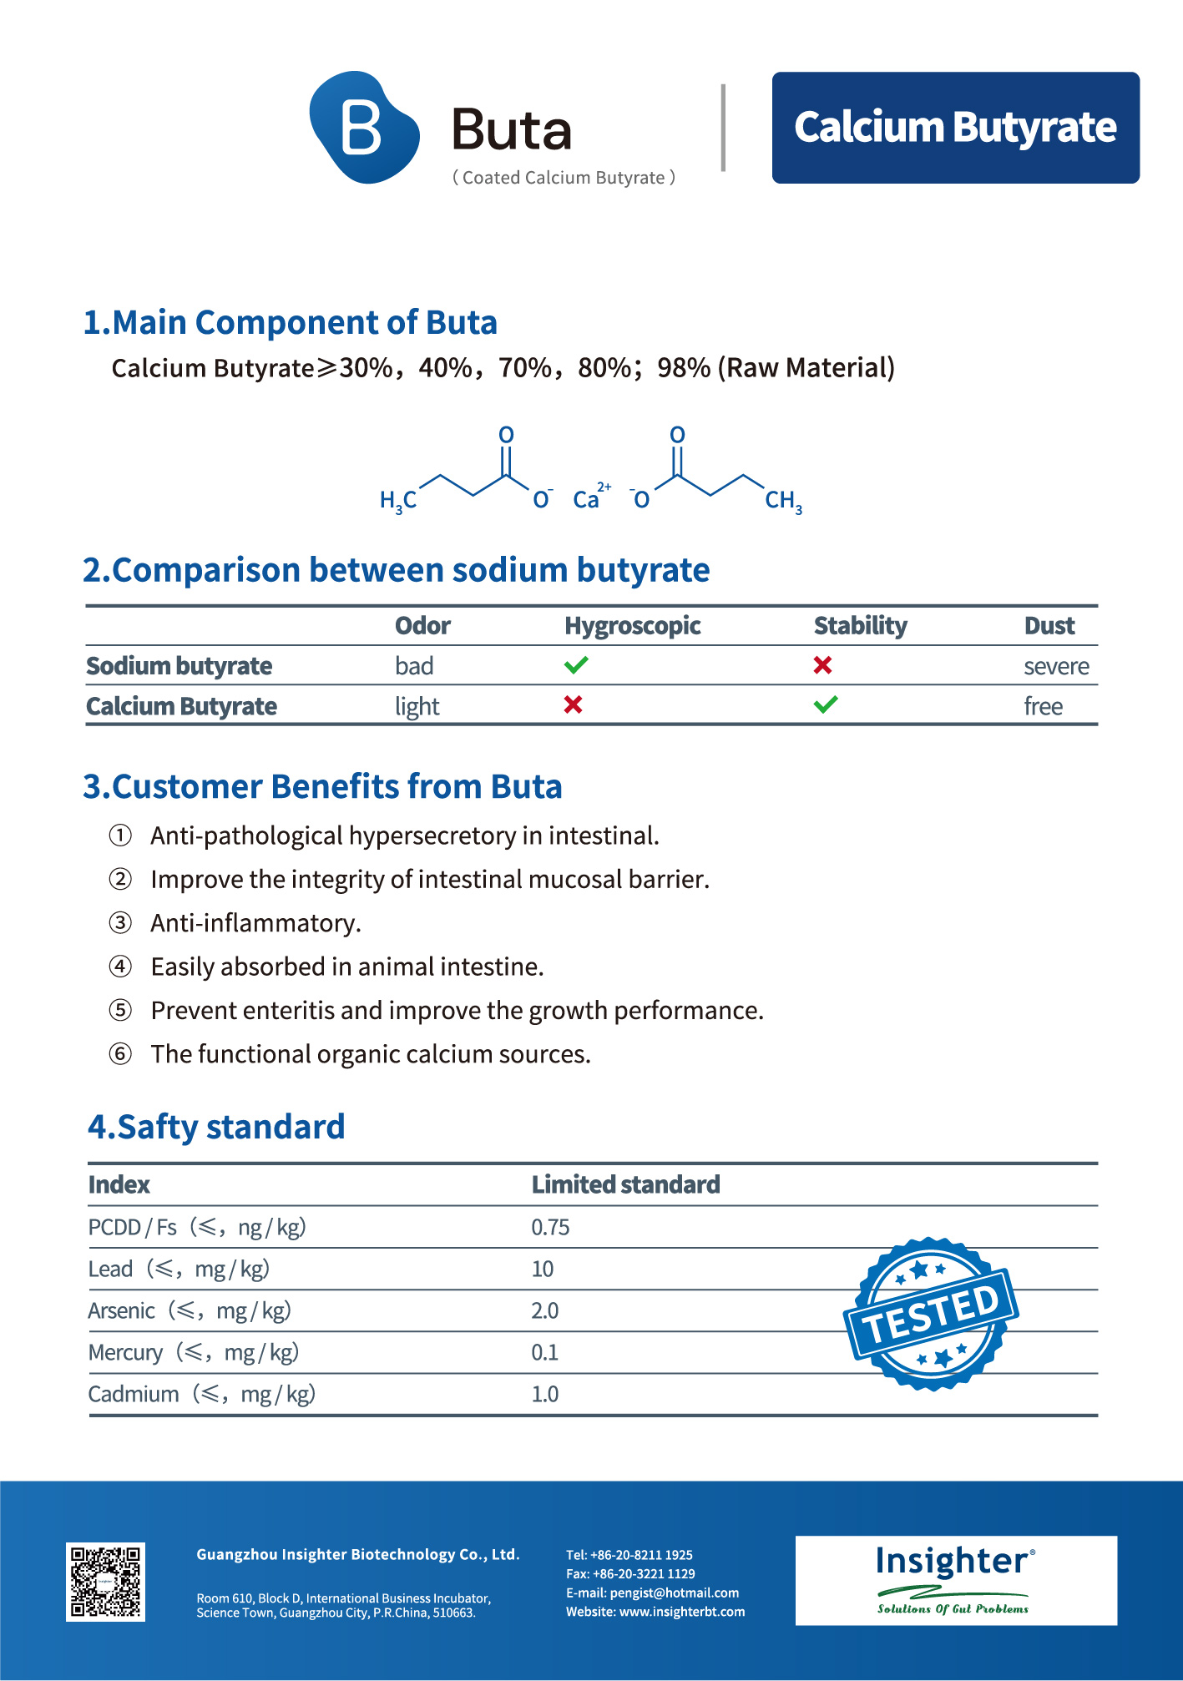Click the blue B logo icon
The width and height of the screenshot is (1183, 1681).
[364, 128]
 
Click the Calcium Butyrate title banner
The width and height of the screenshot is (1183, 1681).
[955, 128]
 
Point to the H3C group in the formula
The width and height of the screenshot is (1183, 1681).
[398, 500]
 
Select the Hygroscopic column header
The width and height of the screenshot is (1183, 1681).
[632, 626]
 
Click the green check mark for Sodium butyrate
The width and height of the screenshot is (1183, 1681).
[576, 665]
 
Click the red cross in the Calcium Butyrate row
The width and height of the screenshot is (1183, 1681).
[573, 705]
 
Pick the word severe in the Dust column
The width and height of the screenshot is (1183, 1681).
[1056, 667]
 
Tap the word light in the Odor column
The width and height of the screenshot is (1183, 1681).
[417, 707]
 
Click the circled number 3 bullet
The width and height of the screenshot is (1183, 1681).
[121, 923]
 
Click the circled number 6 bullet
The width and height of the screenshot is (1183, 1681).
[121, 1054]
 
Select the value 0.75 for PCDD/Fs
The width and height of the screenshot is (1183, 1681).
[550, 1227]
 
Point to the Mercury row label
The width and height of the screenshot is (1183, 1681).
[126, 1353]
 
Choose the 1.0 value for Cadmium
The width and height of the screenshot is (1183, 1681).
[545, 1395]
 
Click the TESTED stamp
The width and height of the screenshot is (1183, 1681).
[931, 1315]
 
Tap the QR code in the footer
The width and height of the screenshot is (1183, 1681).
[105, 1582]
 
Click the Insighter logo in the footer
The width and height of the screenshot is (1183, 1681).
[955, 1580]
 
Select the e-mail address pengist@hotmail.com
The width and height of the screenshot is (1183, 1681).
[674, 1593]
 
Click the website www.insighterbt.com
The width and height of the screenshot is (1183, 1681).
[681, 1612]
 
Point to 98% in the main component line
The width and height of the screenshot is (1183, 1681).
[683, 368]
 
